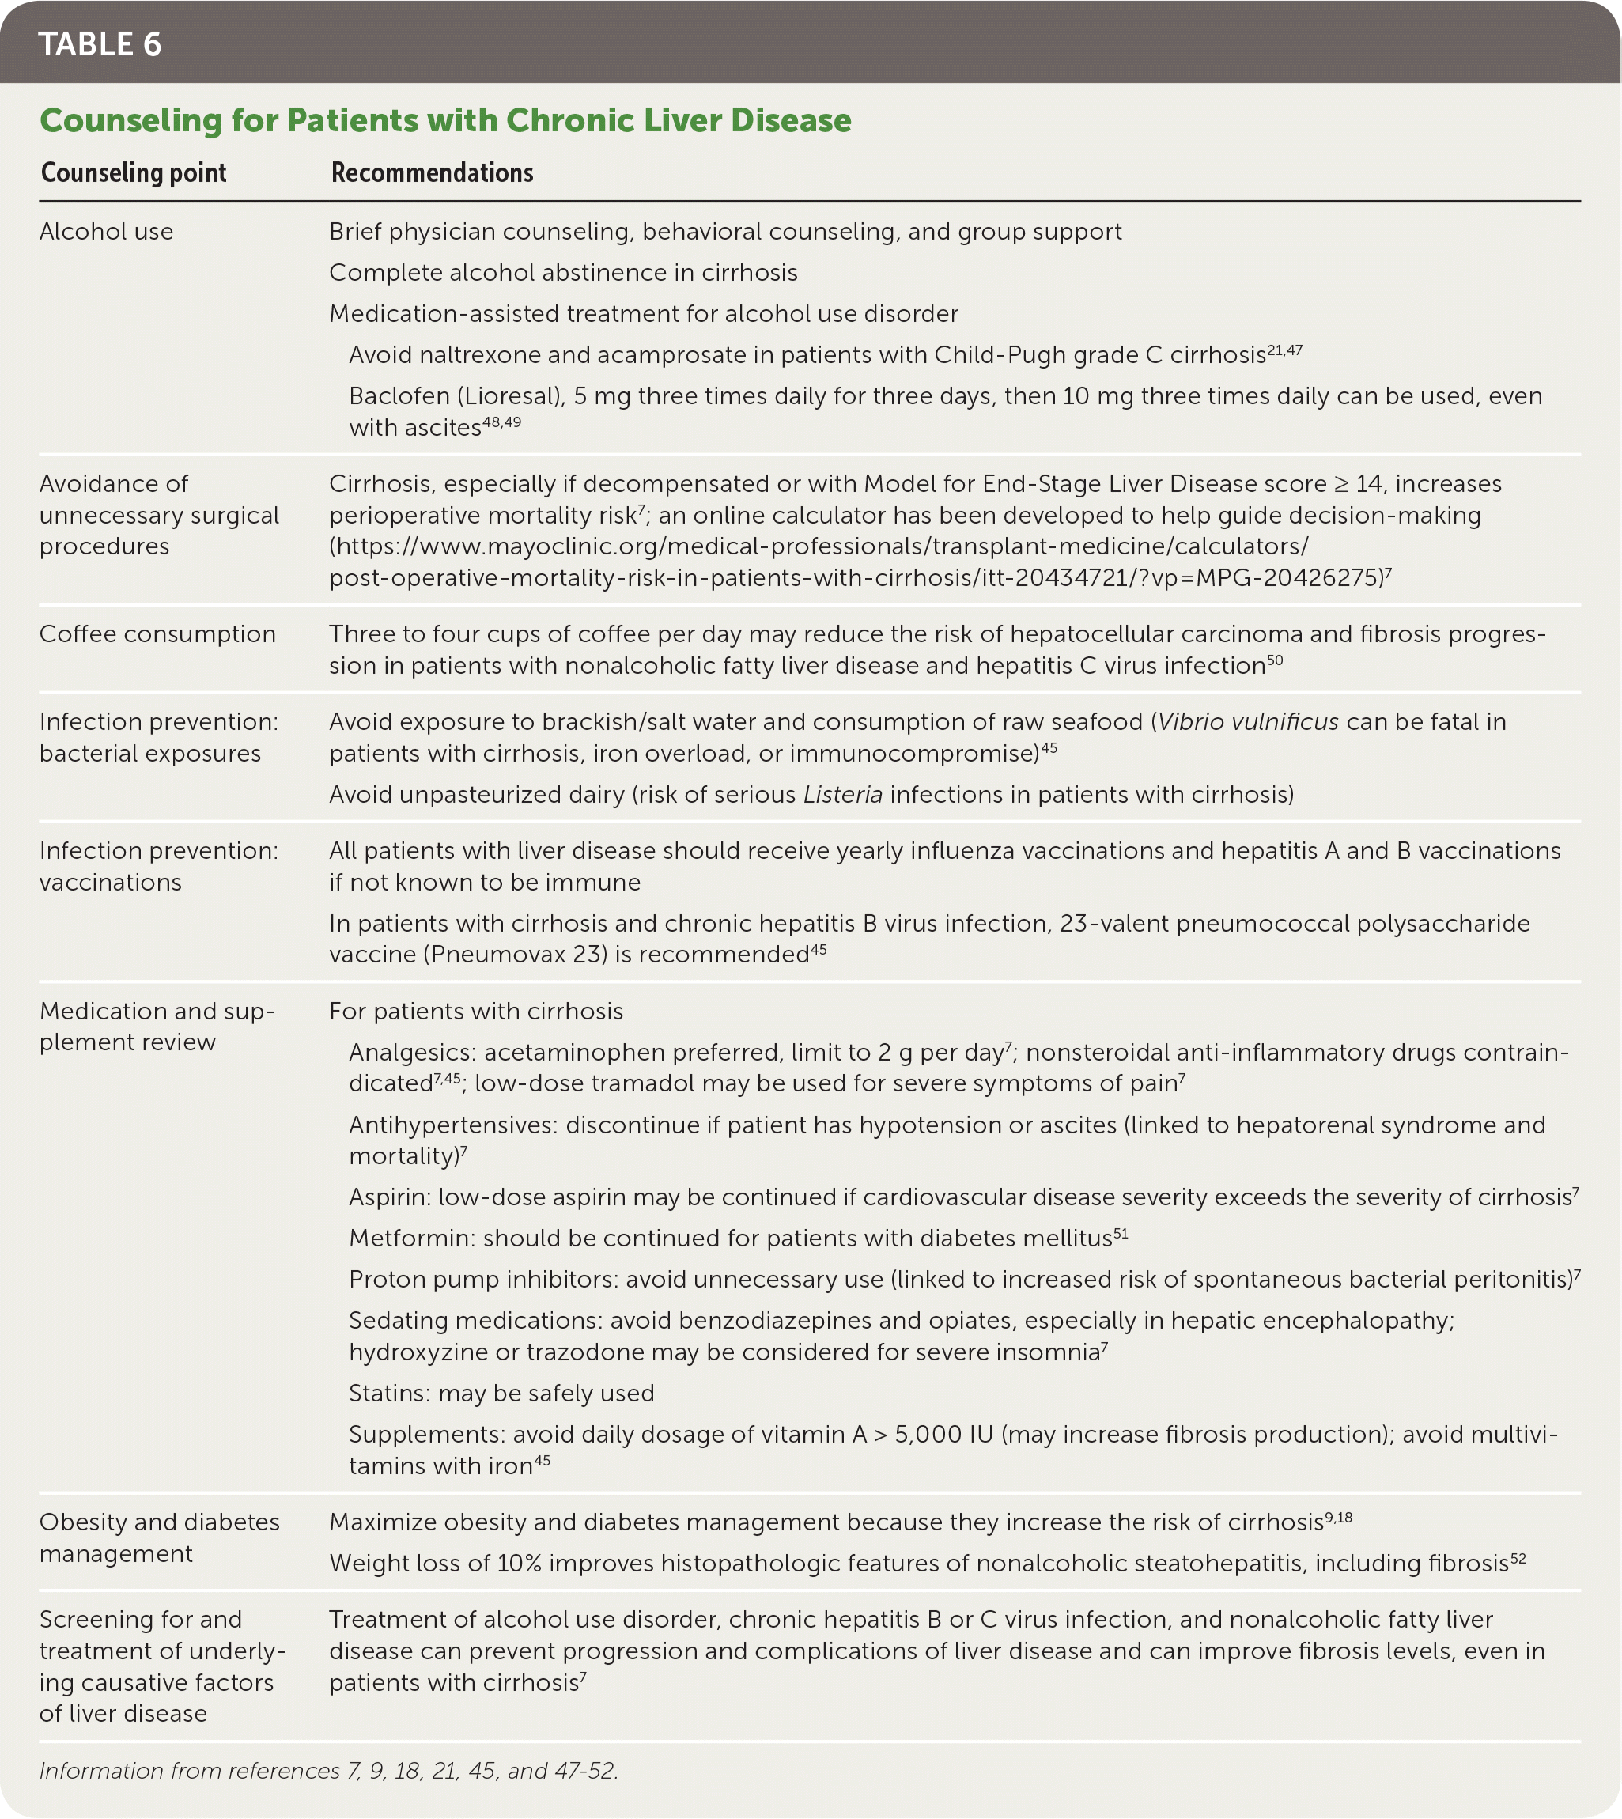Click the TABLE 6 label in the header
(x=100, y=44)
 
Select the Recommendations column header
(x=433, y=173)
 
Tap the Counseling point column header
(x=134, y=173)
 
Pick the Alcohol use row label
(x=106, y=232)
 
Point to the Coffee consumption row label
(x=157, y=634)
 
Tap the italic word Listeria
(x=842, y=795)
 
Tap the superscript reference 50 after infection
(x=1275, y=660)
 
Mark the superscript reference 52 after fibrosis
(x=1518, y=1559)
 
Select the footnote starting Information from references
(x=328, y=1771)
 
